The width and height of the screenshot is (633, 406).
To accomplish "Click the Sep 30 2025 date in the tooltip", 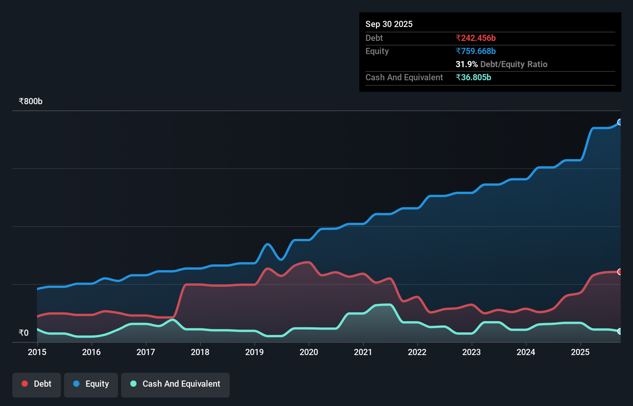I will tap(389, 24).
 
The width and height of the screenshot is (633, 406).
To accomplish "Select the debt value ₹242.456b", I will tap(475, 38).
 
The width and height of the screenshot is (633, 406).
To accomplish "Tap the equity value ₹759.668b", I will tap(475, 51).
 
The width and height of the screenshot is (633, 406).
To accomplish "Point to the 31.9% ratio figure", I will tap(466, 64).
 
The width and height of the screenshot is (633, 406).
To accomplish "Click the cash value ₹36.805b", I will tap(473, 77).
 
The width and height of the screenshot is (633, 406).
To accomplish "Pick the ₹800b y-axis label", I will tap(30, 101).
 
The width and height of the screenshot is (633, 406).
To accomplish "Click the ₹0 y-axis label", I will tap(24, 333).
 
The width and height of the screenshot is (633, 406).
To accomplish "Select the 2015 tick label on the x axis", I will tap(37, 352).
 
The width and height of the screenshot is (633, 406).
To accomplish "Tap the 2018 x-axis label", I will tap(200, 352).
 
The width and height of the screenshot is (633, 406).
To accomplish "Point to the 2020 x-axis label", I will tap(309, 352).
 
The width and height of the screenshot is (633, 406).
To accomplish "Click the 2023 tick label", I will tap(471, 352).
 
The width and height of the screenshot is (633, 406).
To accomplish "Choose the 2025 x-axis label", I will tap(580, 352).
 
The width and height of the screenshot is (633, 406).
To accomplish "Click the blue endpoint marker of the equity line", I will tap(620, 122).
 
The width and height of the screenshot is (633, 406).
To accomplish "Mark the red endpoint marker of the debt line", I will tap(620, 272).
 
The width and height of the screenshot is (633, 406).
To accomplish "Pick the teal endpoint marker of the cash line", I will tap(620, 331).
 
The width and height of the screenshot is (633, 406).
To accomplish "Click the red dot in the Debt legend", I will tap(25, 384).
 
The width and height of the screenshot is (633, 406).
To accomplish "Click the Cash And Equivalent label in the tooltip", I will tap(404, 77).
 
